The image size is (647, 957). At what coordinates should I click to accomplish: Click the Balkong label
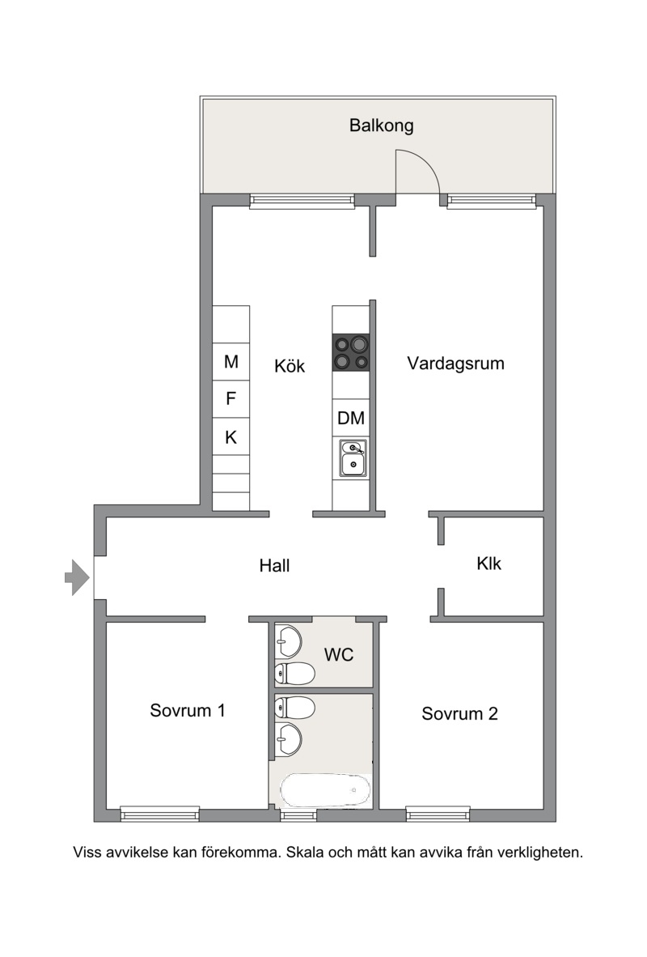coord(381,125)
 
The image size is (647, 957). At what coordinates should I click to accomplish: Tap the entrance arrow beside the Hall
coord(78,576)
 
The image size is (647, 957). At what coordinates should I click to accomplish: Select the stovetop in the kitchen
coord(351,353)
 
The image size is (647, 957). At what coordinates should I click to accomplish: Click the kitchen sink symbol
coord(353,457)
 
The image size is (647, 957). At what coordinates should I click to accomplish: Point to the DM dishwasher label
coord(351,418)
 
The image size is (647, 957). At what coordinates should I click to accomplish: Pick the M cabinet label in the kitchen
coord(231,362)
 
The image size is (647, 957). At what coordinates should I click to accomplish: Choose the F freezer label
coord(230,398)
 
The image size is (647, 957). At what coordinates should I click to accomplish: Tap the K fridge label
coord(230,437)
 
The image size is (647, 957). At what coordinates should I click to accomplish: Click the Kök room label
coord(290,366)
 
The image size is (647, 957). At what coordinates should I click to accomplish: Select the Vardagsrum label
coord(455,364)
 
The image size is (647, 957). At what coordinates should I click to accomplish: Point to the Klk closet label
coord(489,564)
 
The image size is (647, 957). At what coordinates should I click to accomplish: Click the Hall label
coord(274,566)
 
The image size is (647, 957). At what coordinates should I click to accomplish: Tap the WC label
coord(339,655)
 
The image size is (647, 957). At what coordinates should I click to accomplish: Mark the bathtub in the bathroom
coord(325,791)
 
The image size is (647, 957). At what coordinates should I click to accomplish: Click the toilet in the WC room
coord(295,674)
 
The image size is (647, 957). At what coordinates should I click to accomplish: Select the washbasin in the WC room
coord(289,641)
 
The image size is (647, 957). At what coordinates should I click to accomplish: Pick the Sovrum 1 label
coord(188,710)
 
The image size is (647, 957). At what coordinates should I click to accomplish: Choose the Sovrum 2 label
coord(460,713)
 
